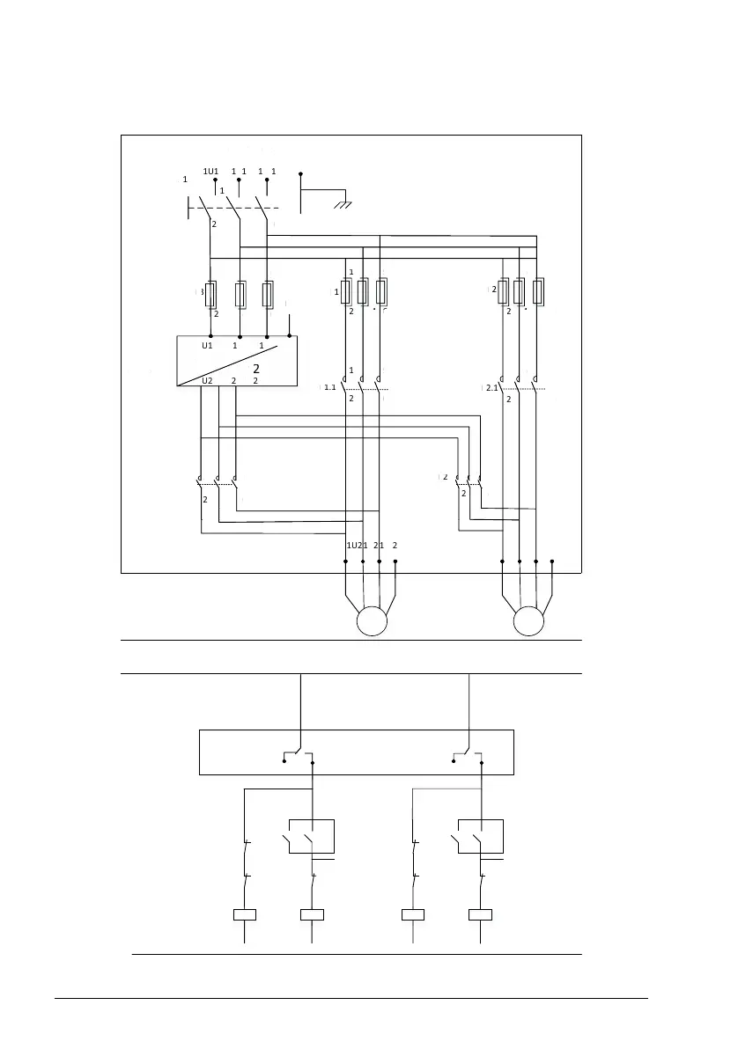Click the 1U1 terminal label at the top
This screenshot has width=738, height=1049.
click(210, 171)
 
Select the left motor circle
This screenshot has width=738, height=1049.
click(371, 620)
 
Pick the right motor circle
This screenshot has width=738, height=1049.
click(529, 620)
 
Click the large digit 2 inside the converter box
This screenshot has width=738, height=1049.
click(256, 368)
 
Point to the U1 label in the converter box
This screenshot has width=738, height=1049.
click(207, 346)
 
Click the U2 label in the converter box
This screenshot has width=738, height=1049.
click(207, 380)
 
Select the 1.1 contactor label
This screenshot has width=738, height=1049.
click(330, 387)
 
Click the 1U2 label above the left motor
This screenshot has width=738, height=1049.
click(357, 546)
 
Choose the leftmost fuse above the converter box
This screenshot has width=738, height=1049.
click(211, 294)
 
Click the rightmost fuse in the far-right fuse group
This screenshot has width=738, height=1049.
click(539, 290)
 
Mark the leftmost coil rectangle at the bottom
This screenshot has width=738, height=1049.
click(244, 914)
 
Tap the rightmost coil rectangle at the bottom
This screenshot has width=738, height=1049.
click(480, 914)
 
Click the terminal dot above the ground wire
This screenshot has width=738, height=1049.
click(300, 173)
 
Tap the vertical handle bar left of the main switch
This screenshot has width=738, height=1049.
click(189, 209)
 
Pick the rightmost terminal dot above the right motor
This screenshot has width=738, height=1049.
click(552, 561)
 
